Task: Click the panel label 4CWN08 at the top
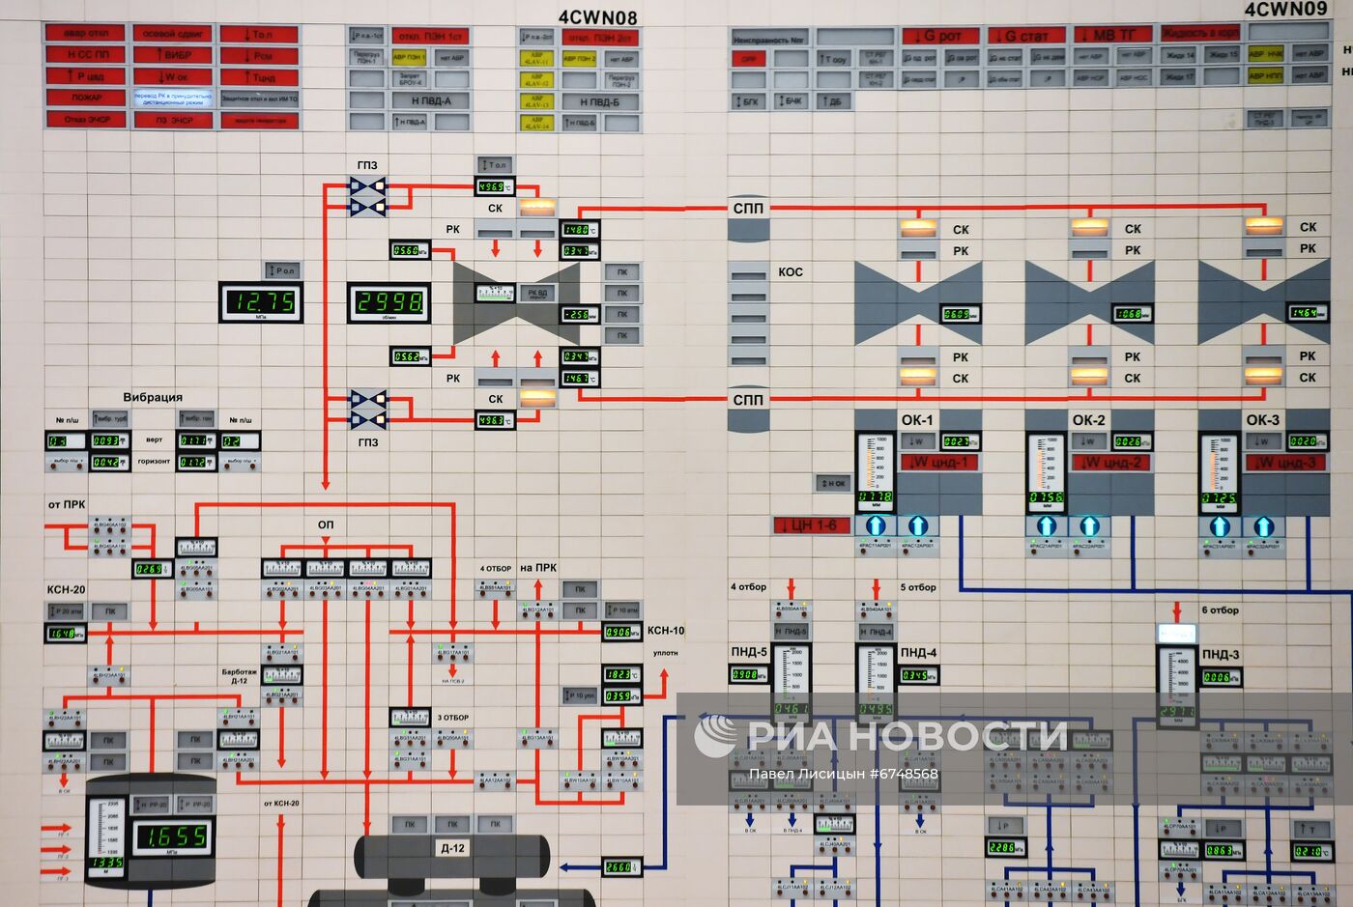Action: point(597,17)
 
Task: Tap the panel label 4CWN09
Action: point(1285,10)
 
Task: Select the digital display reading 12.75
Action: point(260,302)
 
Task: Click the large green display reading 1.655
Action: point(175,836)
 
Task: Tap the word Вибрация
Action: point(153,397)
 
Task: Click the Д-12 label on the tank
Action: point(452,848)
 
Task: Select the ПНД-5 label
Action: point(749,652)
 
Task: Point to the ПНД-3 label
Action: point(1221,654)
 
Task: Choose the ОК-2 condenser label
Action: point(1088,420)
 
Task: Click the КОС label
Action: point(791,272)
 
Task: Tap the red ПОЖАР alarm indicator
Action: point(86,98)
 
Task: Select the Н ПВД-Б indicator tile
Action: point(600,101)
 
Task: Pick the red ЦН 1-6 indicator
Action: point(813,525)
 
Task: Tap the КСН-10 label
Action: point(666,631)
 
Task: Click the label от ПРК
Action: point(67,504)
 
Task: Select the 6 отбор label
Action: point(1220,610)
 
